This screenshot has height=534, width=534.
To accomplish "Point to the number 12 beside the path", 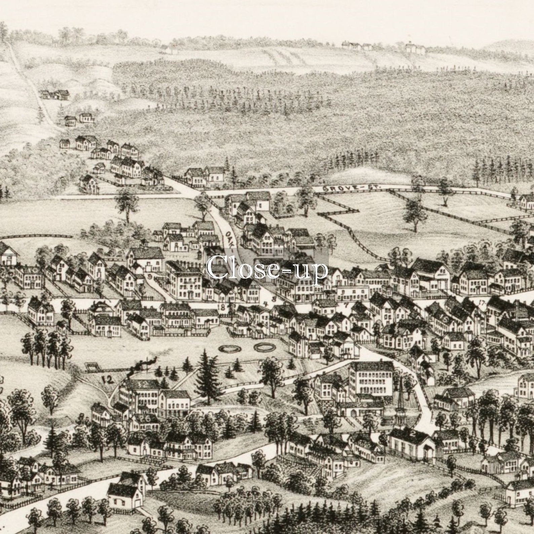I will (107, 380).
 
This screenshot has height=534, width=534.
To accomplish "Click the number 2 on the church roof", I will (413, 432).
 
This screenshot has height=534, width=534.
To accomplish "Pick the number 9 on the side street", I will (150, 277).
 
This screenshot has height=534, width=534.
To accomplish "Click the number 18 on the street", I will (222, 306).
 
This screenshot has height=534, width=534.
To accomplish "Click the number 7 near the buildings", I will (345, 305).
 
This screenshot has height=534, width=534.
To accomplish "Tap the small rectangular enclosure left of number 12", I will (91, 368).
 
